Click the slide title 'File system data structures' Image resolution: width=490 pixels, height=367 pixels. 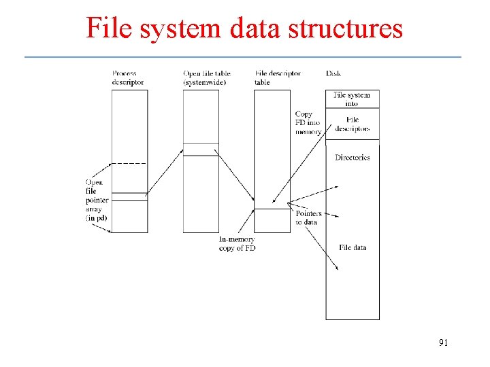244,29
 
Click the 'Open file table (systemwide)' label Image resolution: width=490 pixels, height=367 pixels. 208,77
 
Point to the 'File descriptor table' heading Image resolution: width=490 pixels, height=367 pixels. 278,77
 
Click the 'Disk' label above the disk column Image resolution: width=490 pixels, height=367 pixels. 333,73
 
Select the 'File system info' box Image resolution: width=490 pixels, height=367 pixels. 352,99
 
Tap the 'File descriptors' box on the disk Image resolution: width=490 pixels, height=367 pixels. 352,124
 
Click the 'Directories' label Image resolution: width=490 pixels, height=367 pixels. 352,158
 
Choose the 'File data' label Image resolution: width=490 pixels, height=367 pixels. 353,247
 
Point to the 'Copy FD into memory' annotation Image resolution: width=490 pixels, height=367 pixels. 308,123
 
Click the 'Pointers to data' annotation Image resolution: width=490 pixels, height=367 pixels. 308,217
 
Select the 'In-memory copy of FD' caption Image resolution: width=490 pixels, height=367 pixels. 237,243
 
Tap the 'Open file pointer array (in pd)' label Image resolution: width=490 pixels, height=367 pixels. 96,200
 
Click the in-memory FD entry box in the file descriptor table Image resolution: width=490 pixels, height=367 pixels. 272,220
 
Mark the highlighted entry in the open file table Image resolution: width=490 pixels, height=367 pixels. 201,150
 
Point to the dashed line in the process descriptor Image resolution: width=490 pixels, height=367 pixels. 129,164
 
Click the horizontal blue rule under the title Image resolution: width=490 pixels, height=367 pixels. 242,56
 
